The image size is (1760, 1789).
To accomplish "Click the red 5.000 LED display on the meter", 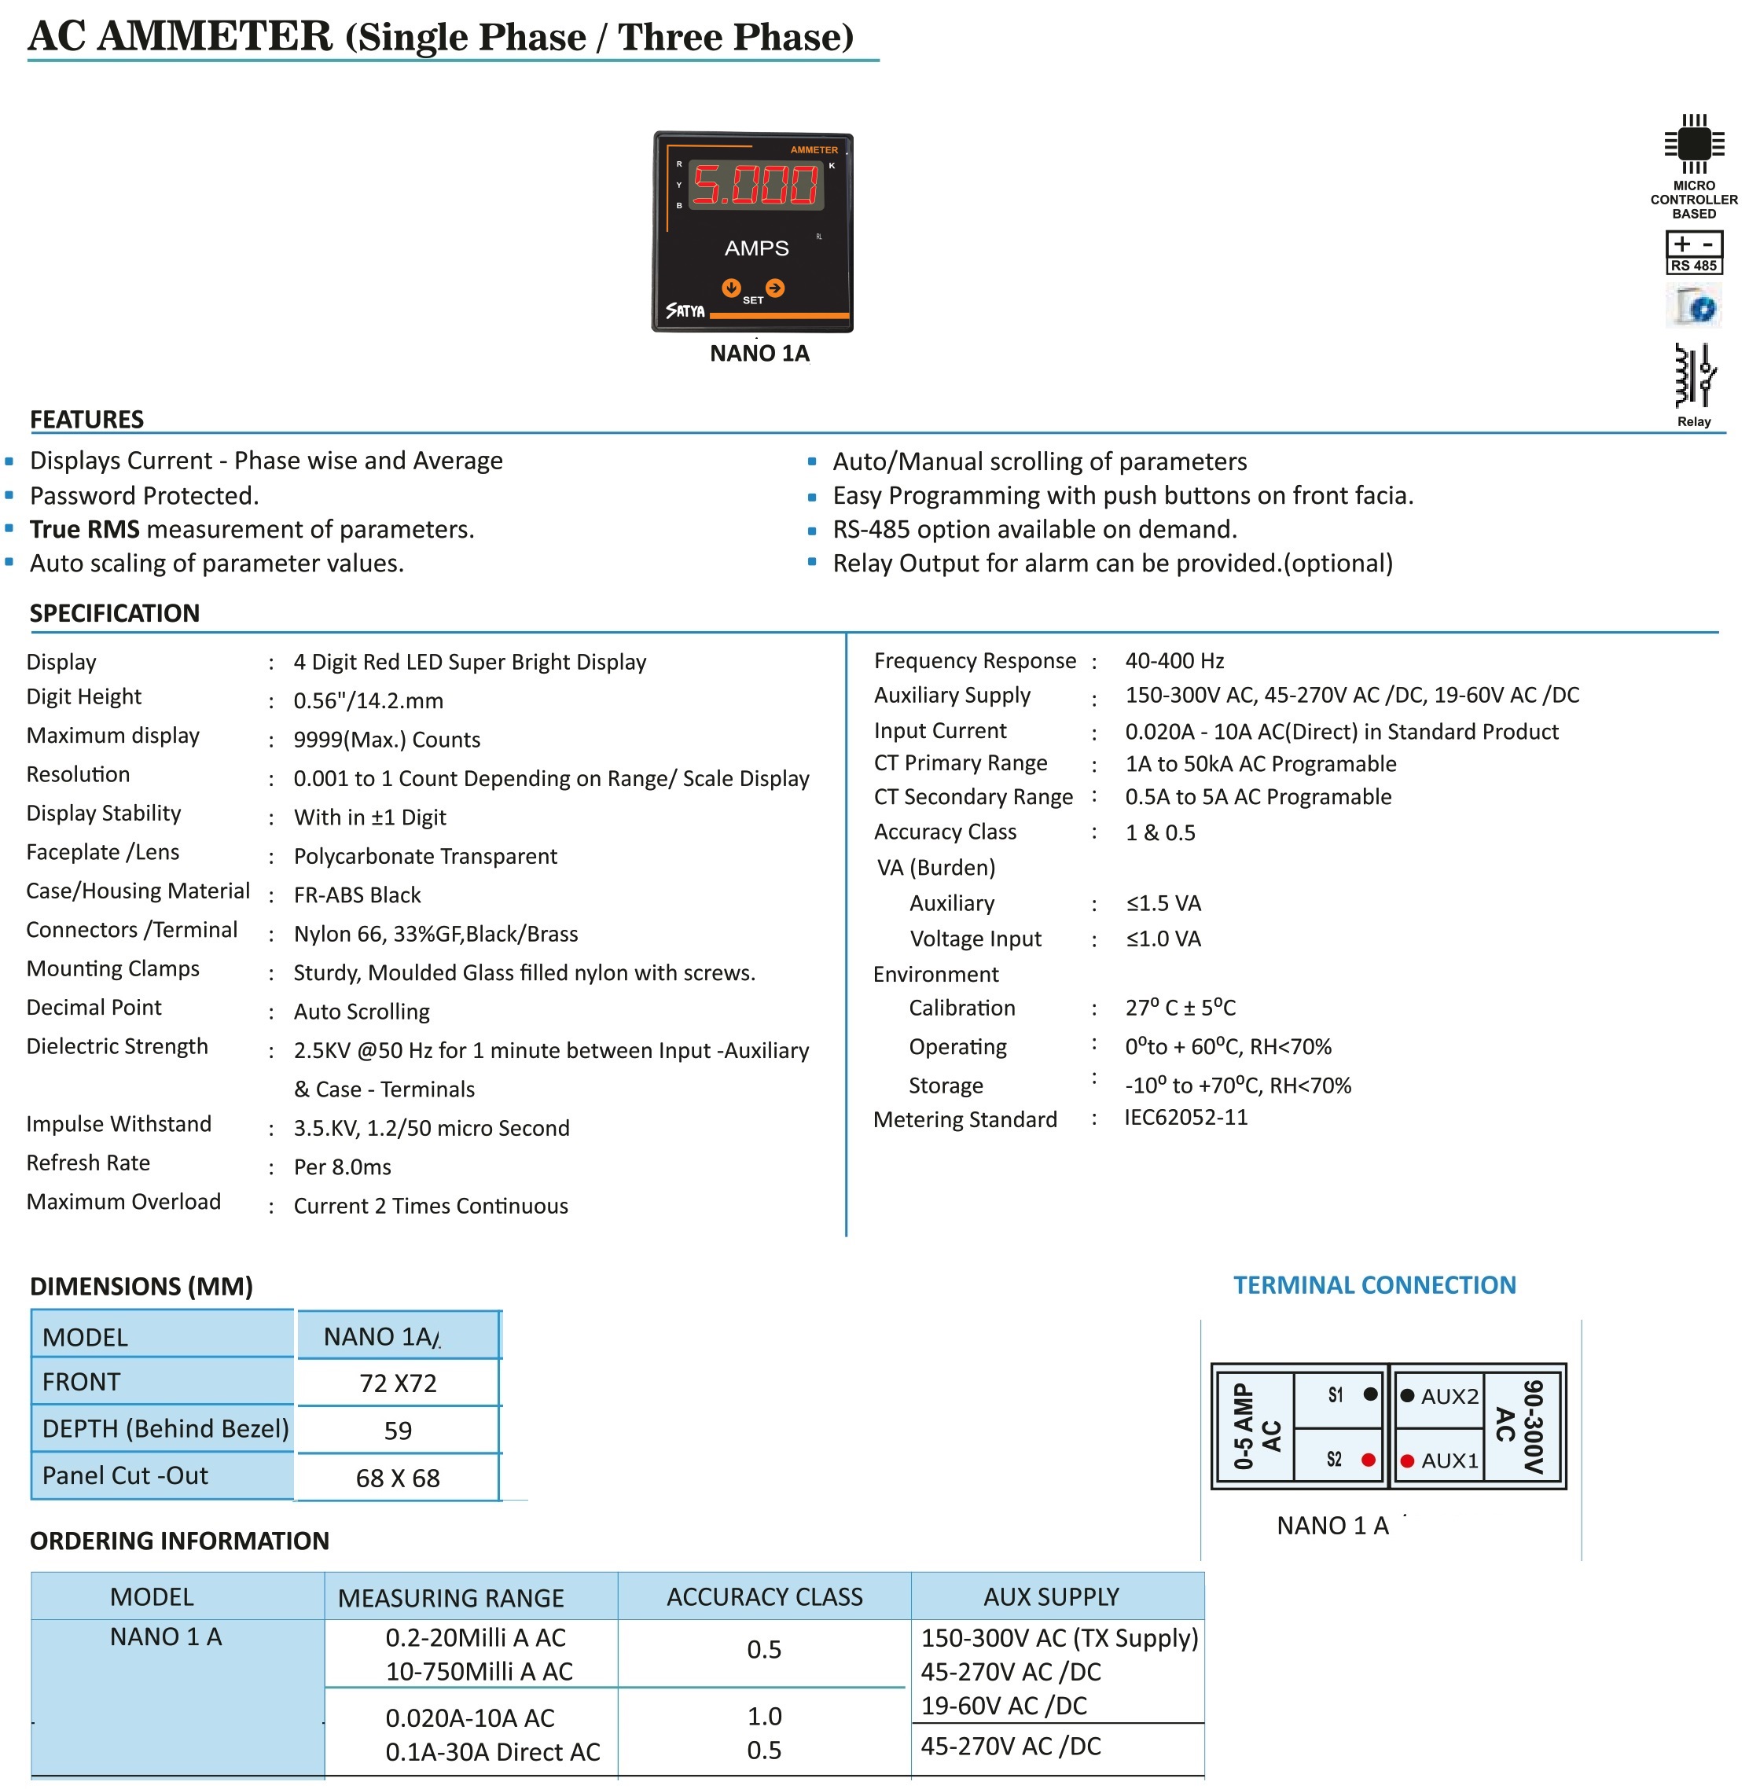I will [755, 185].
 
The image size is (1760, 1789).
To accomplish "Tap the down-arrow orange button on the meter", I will [731, 288].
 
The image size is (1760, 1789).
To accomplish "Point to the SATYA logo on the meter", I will [685, 310].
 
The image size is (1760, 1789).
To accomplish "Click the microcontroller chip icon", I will [1693, 143].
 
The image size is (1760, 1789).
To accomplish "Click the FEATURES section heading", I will [87, 420].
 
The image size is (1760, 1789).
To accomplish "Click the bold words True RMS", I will [84, 529].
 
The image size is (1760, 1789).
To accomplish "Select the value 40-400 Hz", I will [1174, 660].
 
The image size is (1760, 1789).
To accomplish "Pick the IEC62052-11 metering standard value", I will [1186, 1117].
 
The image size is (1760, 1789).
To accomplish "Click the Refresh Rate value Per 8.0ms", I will [342, 1166].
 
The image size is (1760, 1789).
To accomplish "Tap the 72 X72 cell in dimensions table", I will [398, 1383].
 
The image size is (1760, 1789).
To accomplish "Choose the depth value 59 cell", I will [398, 1431].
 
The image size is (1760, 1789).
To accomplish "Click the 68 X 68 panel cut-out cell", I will [398, 1478].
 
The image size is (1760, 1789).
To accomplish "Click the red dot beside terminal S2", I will [1368, 1460].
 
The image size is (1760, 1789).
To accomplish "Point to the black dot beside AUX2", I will [1407, 1395].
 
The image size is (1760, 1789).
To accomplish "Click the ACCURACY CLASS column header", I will [765, 1596].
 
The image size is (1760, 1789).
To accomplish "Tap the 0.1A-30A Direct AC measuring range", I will [493, 1751].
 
